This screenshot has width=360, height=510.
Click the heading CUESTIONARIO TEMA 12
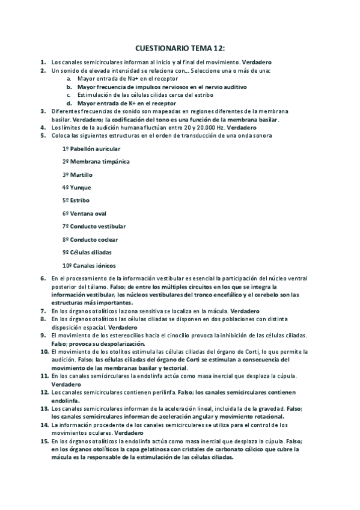pos(180,48)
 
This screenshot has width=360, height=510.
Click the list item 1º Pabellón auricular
pos(91,149)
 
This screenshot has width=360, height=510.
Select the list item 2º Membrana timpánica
pos(96,162)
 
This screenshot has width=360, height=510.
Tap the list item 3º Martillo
pos(78,175)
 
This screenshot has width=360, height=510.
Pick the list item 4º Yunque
pos(77,188)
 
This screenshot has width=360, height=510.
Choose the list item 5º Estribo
pos(76,200)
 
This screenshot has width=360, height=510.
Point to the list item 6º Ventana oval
pos(85,214)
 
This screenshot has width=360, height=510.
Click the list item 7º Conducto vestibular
pos(94,226)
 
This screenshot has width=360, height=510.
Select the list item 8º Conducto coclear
pos(90,239)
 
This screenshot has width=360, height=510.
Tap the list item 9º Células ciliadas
pos(87,252)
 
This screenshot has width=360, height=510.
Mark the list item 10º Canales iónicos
pos(89,265)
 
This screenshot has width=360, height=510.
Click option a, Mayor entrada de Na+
pos(120,79)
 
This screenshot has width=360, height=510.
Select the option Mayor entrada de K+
pos(123,103)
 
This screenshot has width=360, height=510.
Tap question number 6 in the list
pos(43,278)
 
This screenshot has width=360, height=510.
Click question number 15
pos(44,441)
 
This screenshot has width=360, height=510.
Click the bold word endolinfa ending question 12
pos(66,400)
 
